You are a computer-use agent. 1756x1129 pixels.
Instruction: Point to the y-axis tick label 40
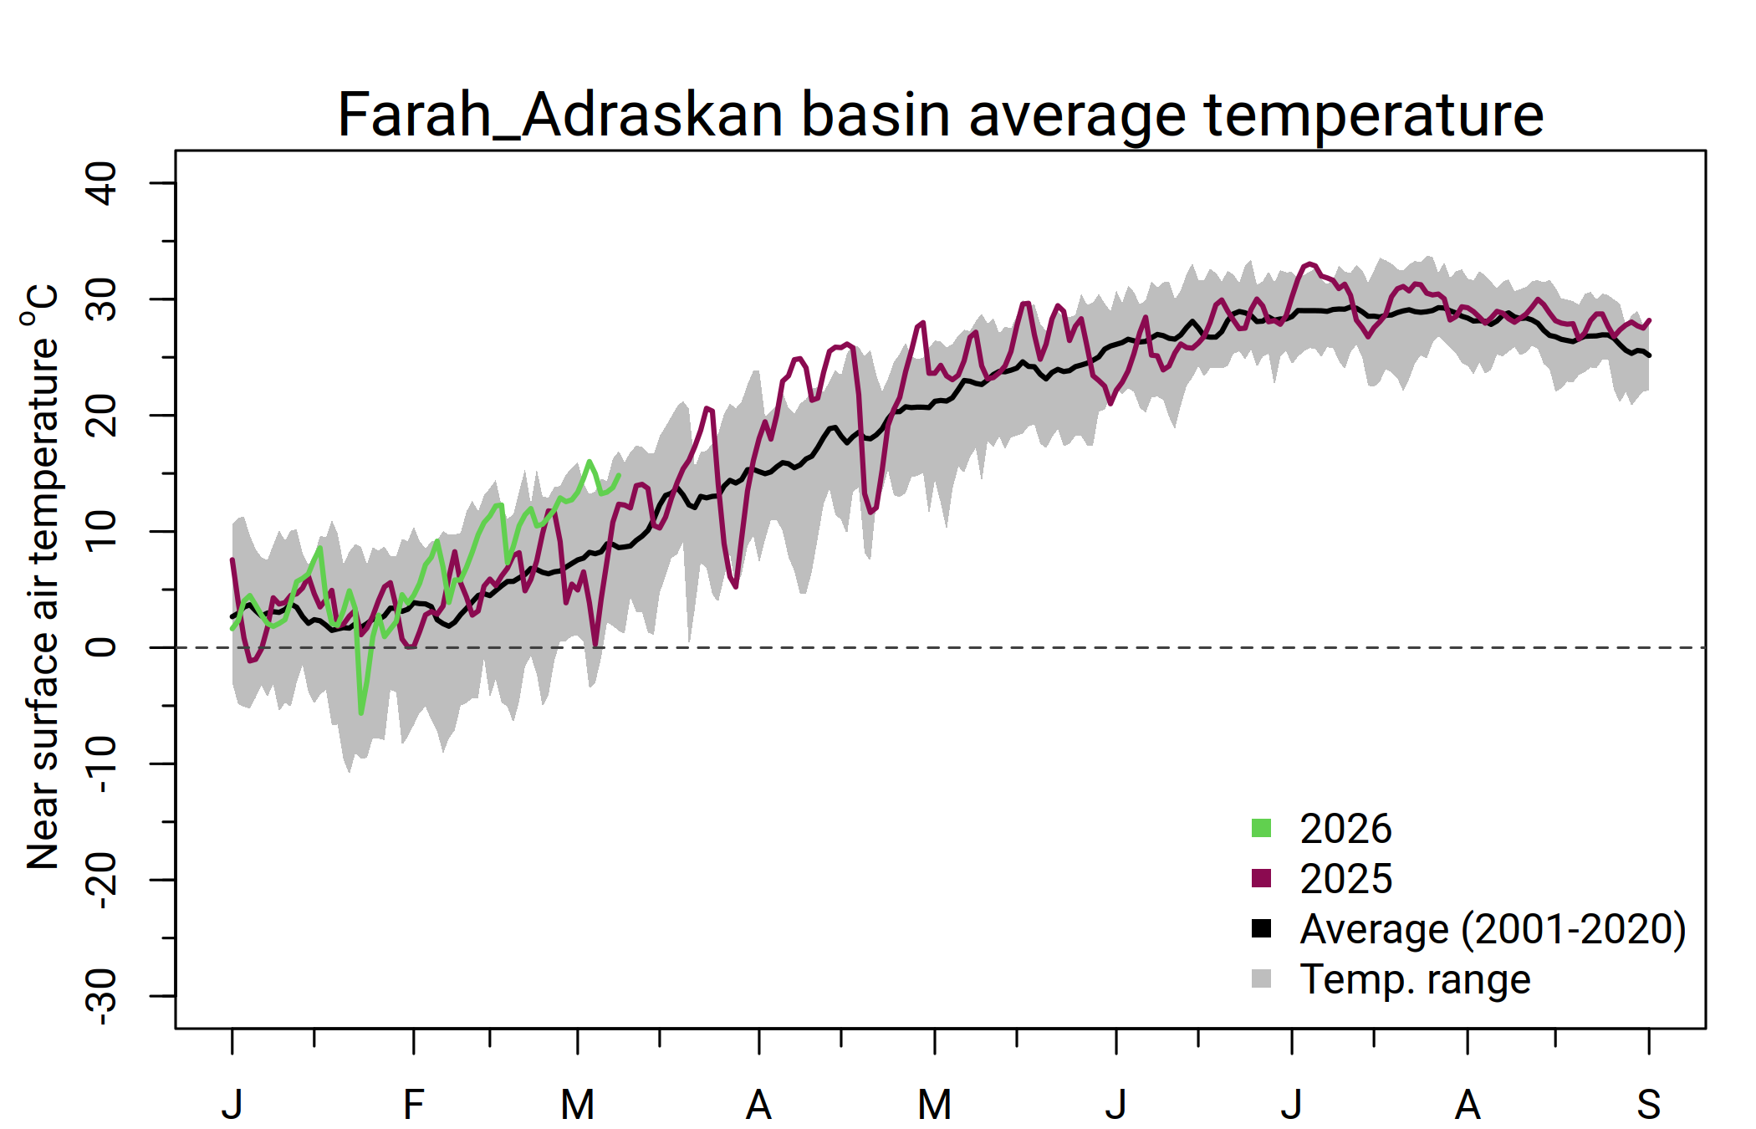click(x=102, y=183)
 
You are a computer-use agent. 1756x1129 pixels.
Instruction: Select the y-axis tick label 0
click(x=102, y=647)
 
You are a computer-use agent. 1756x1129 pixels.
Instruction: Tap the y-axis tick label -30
click(x=102, y=995)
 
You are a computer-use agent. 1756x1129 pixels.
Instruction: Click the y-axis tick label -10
click(x=102, y=764)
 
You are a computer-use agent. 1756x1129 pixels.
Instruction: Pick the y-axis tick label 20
click(x=102, y=415)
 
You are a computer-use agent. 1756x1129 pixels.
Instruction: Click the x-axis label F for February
click(x=413, y=1105)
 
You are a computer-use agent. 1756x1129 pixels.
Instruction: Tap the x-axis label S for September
click(x=1648, y=1105)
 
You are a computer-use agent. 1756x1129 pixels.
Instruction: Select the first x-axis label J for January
click(x=232, y=1105)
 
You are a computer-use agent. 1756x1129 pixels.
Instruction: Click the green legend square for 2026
click(x=1261, y=828)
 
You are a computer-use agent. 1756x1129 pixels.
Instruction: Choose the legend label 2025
click(x=1345, y=878)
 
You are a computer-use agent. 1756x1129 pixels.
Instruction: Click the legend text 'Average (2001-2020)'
click(x=1493, y=928)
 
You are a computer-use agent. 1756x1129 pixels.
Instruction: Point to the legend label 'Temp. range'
click(x=1415, y=978)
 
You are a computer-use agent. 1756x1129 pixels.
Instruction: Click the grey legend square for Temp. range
click(x=1261, y=978)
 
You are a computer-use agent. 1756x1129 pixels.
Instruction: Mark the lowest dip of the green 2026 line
click(x=361, y=713)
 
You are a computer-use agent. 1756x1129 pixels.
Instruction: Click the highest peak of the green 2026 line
click(x=590, y=461)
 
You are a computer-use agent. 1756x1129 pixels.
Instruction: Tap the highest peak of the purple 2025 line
click(x=1310, y=264)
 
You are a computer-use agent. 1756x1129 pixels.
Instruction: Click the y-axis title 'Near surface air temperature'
click(x=42, y=577)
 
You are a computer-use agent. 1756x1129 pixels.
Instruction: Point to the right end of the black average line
click(x=1648, y=355)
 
